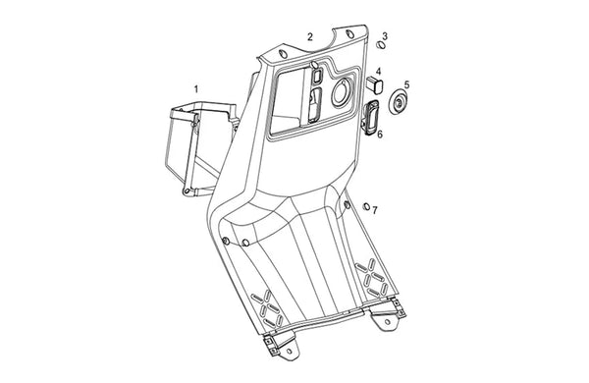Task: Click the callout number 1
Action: coord(195,89)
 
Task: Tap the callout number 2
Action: coord(310,37)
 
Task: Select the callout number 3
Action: coord(385,36)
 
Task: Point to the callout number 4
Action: coord(378,71)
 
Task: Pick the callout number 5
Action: coord(406,84)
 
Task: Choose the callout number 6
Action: coord(380,134)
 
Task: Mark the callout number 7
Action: coord(375,210)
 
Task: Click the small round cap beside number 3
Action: coord(381,45)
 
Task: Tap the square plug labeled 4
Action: coord(375,85)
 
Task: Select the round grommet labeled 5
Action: coord(398,101)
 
